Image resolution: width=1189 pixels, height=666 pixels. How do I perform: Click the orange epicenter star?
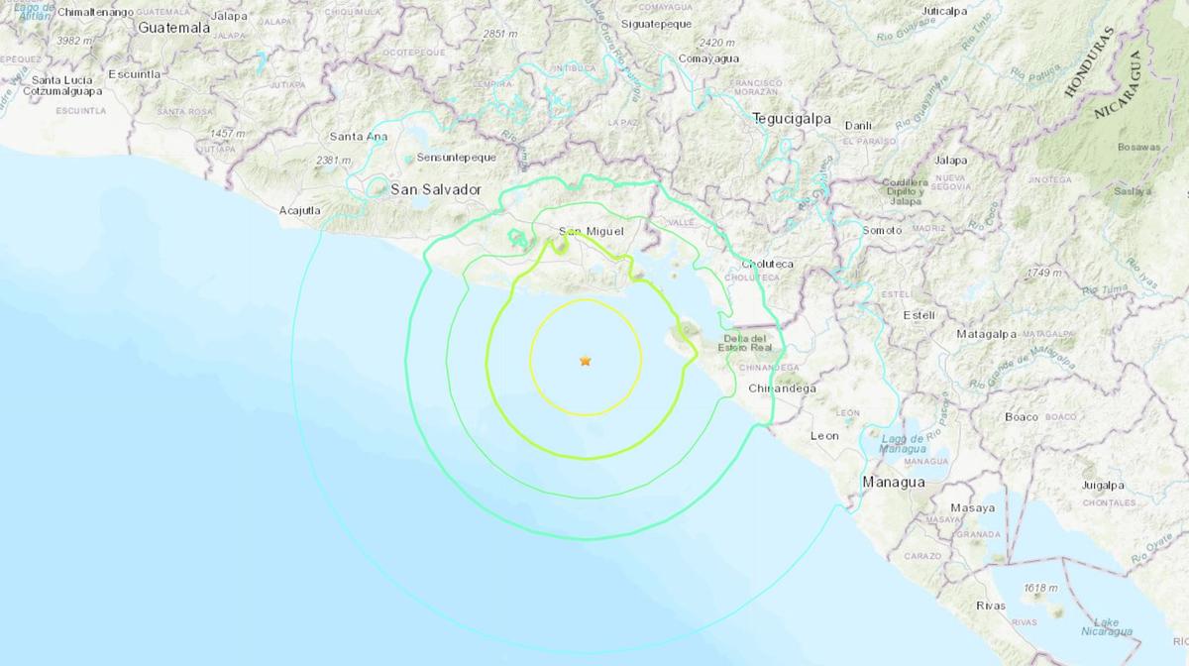(x=586, y=361)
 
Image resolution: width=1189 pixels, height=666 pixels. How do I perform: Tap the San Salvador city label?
(x=435, y=189)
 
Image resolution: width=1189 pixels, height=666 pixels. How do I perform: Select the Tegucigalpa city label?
(x=791, y=118)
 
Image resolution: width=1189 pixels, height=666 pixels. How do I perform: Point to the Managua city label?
(x=894, y=482)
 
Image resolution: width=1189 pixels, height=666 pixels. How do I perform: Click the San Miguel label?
(x=592, y=232)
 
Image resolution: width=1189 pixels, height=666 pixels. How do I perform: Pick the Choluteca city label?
(x=766, y=265)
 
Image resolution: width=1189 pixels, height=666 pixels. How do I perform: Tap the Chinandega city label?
(x=783, y=388)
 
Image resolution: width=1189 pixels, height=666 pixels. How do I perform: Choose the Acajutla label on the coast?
(x=300, y=210)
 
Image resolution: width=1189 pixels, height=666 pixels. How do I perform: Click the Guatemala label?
(x=174, y=28)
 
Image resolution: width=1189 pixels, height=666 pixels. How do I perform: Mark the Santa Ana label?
(x=359, y=137)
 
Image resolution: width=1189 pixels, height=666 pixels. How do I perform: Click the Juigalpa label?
(x=1103, y=486)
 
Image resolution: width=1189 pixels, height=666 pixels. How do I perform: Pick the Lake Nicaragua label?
(x=1106, y=627)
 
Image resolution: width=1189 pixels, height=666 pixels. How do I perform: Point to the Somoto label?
(x=883, y=231)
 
